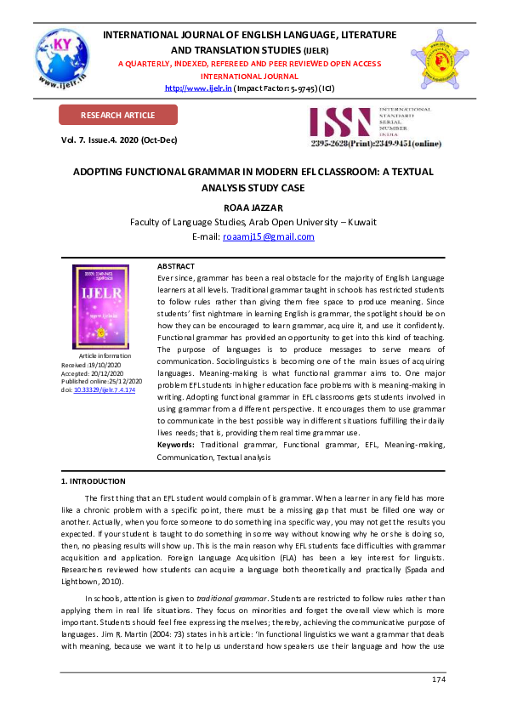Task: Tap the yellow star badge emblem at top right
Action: [x=440, y=59]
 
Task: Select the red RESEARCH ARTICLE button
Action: [x=117, y=115]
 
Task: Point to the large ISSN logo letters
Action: [x=340, y=122]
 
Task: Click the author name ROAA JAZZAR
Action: [x=253, y=207]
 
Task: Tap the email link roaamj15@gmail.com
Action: [x=268, y=236]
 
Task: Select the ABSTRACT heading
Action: [x=176, y=266]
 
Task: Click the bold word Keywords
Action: [x=176, y=445]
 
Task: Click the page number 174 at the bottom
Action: [x=439, y=679]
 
